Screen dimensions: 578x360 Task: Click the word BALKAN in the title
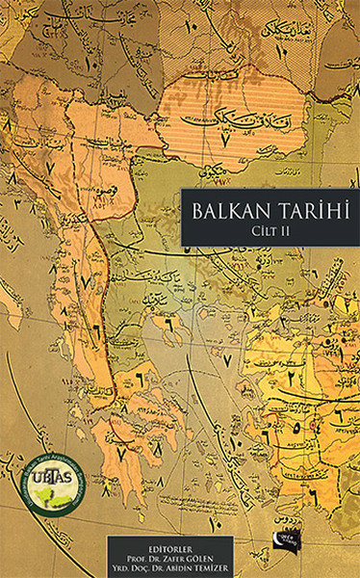coord(228,212)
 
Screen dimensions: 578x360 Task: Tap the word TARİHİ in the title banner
coord(309,212)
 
